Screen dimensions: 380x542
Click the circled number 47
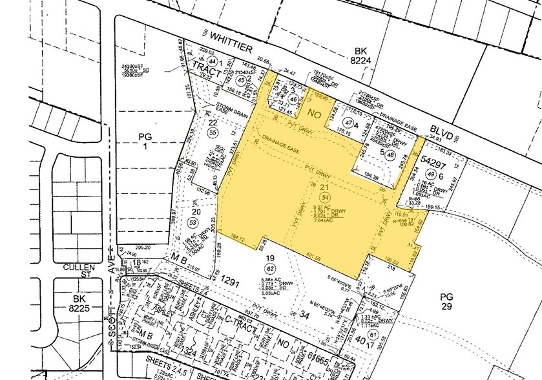coord(349,123)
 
